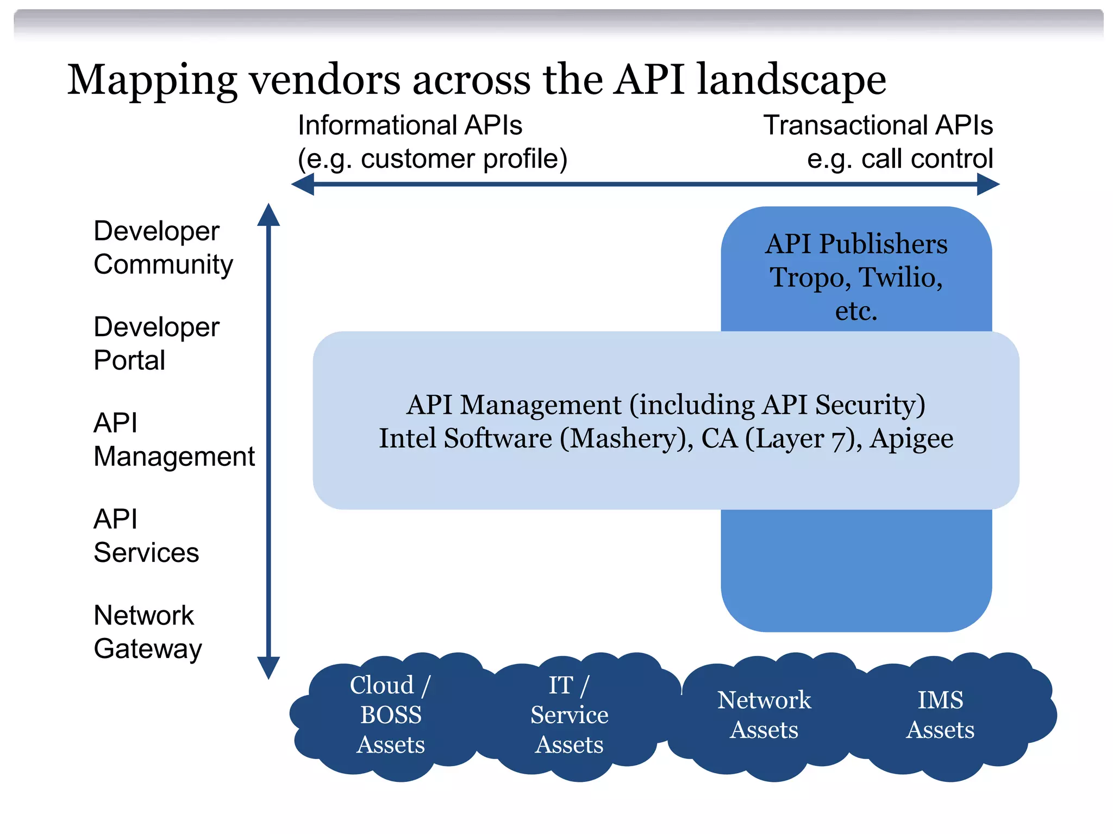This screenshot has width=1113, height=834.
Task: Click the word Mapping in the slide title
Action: pos(152,80)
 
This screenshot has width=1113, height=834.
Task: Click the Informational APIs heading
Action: pos(410,125)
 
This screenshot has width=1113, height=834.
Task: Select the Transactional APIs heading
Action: pos(878,125)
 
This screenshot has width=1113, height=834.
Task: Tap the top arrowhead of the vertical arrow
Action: pos(268,215)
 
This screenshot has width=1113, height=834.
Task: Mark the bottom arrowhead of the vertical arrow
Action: pos(268,667)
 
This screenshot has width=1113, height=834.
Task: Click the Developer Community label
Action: pos(162,248)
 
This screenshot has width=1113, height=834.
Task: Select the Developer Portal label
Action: pos(156,344)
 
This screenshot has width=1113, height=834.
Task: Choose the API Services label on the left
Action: pos(146,536)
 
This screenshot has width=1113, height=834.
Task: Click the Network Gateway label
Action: pos(147,632)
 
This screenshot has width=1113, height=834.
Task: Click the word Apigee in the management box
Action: pos(911,439)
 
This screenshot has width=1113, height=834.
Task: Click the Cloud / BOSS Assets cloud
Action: pos(390,715)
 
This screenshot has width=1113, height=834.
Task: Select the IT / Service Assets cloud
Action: pos(569,715)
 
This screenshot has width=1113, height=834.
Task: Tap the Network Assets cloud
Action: pos(764,715)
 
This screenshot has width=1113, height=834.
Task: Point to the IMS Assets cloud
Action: pos(940,715)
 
